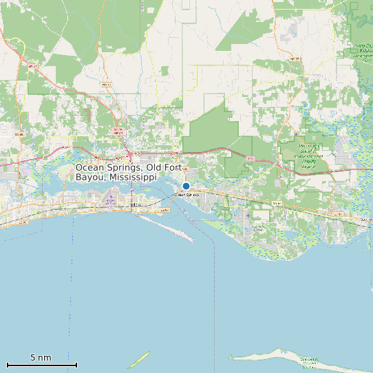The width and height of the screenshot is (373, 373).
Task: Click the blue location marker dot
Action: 186,186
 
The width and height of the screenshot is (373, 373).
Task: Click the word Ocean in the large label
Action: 90,168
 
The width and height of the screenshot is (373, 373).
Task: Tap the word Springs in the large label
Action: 125,168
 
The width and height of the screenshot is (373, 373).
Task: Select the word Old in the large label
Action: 156,168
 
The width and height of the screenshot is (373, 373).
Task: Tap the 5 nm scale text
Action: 41,358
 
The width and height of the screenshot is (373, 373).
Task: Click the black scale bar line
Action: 41,364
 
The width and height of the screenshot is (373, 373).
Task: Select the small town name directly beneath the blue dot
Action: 186,195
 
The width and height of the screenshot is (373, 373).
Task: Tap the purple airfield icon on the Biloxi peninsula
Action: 110,201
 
